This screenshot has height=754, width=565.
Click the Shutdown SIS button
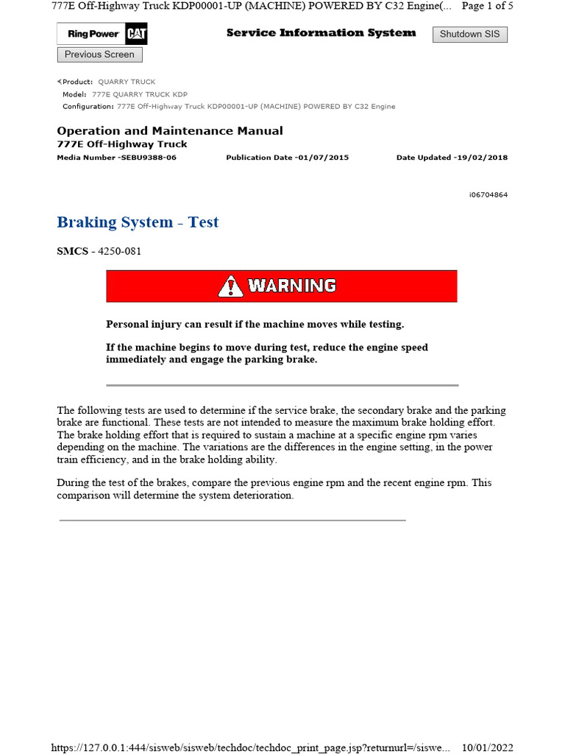[469, 34]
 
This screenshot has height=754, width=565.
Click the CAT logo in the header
[135, 34]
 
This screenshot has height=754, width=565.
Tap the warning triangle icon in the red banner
[230, 286]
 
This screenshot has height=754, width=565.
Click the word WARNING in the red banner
[292, 286]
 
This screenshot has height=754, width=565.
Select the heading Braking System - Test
[138, 222]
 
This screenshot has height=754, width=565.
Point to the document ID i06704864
[488, 195]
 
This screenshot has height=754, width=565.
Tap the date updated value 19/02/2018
[481, 158]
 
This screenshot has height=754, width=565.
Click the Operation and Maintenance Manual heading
[169, 131]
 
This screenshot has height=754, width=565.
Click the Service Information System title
[321, 33]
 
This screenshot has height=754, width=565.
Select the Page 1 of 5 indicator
[487, 6]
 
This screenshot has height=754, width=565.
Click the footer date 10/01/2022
[486, 747]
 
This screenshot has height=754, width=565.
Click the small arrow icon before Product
[60, 82]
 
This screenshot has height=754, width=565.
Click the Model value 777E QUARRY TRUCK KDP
[140, 94]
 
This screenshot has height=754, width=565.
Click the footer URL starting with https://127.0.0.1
[250, 747]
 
